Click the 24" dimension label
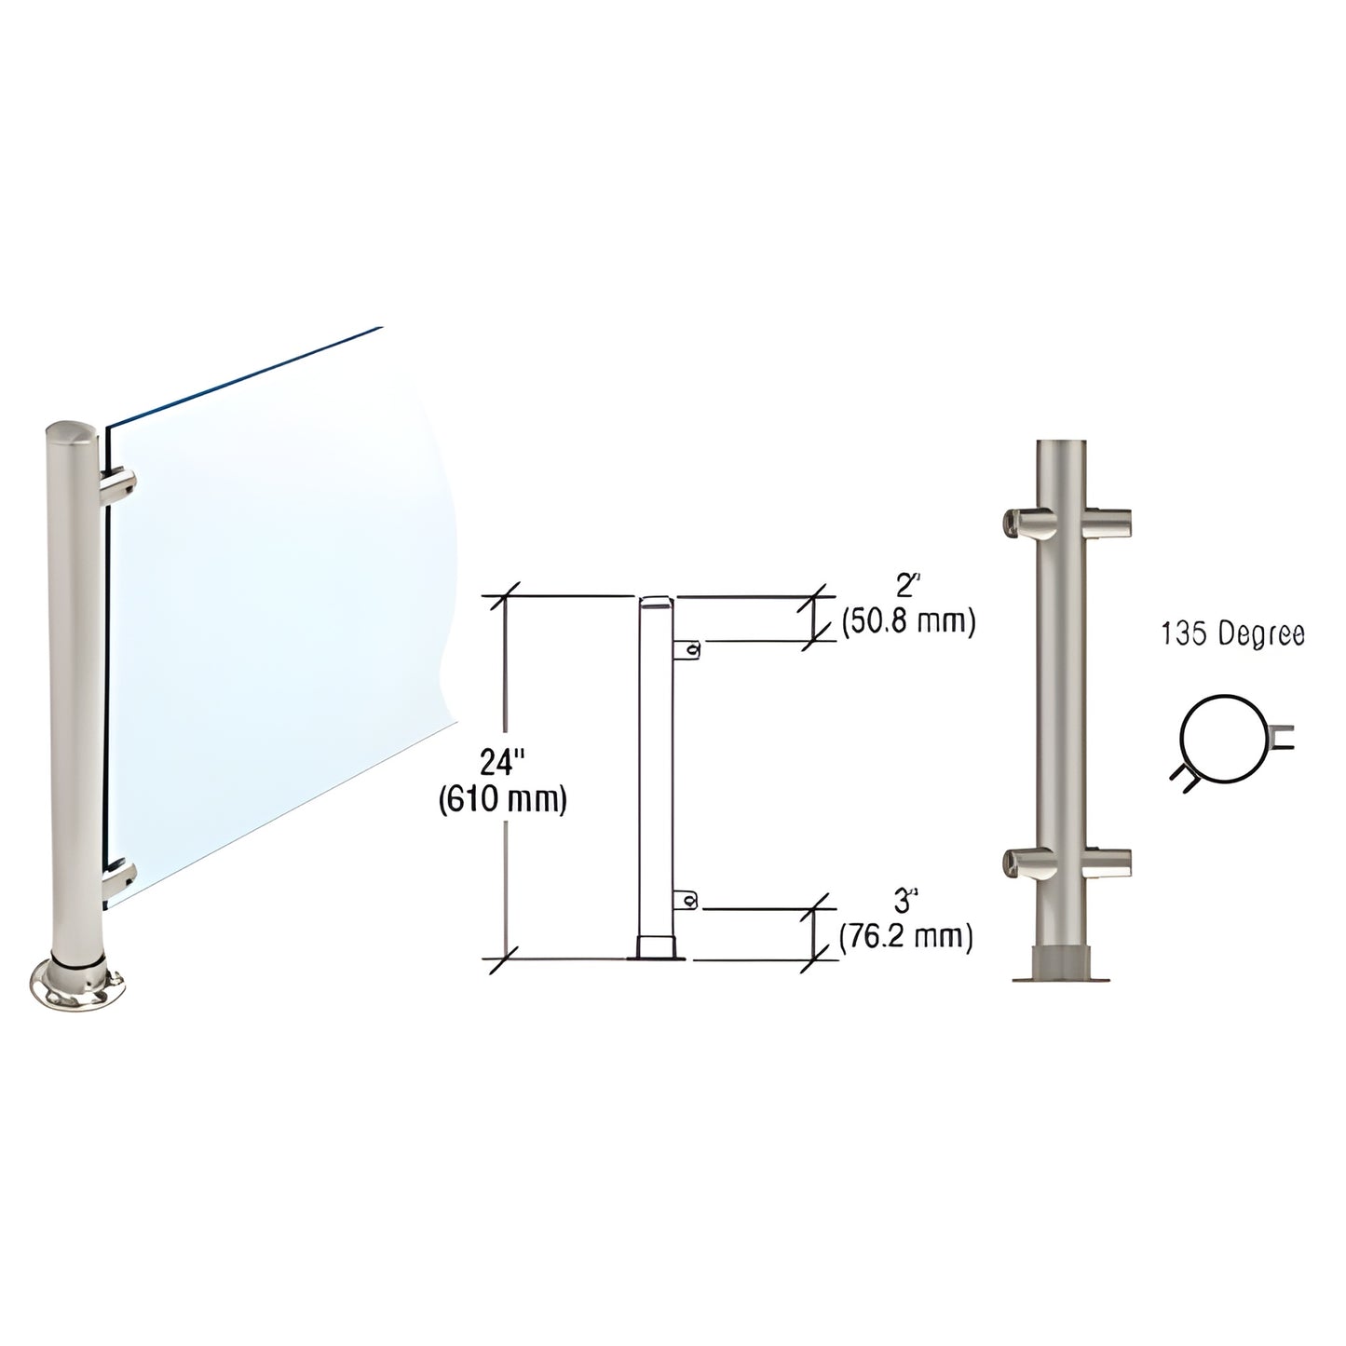click(x=502, y=764)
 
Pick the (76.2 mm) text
click(x=906, y=937)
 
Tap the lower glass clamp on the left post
click(x=120, y=877)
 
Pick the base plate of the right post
click(x=1062, y=974)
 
